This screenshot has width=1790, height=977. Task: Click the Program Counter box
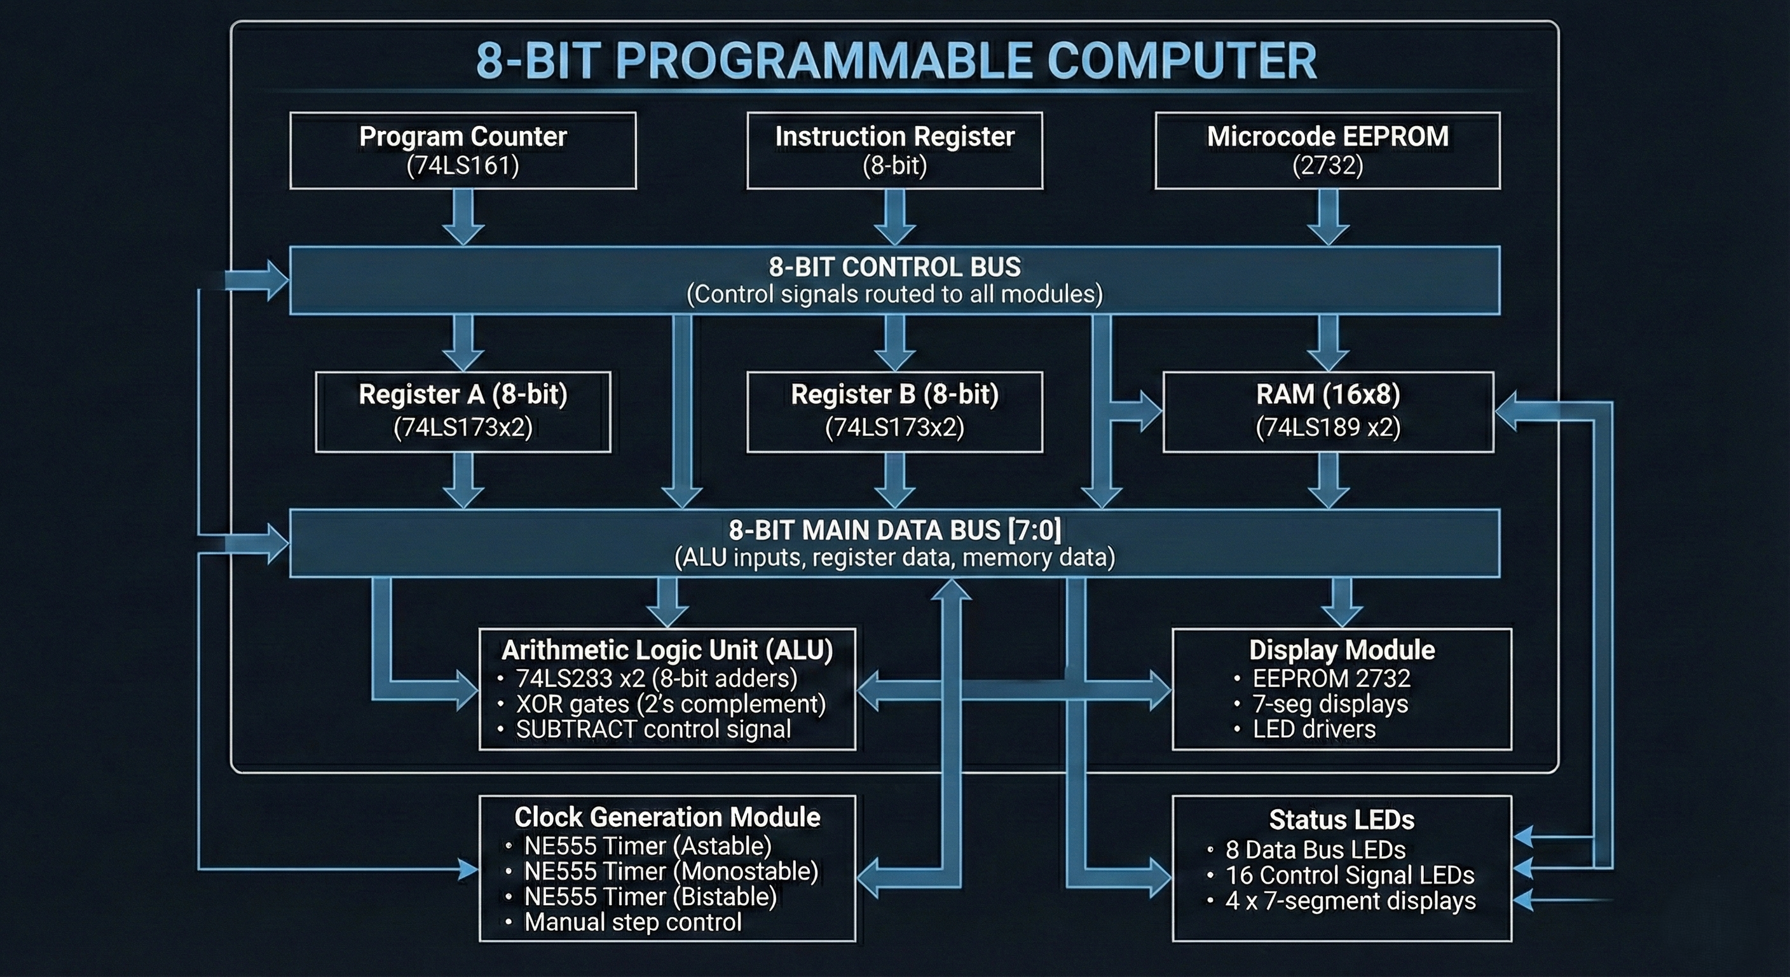463,150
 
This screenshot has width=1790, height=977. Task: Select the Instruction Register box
894,150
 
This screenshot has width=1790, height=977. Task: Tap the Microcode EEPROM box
1327,150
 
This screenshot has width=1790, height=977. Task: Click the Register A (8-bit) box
463,412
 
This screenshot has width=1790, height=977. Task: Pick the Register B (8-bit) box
894,412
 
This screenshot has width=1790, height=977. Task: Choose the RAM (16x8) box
1328,412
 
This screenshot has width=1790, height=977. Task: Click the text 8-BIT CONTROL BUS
894,267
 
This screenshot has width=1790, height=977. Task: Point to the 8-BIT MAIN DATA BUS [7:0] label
894,530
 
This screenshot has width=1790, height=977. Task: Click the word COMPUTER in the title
1181,61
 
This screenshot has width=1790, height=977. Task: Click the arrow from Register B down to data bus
894,480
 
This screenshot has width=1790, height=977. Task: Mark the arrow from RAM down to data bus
1328,480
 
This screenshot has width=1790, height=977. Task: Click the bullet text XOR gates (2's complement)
671,703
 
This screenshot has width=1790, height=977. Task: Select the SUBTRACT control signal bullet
653,730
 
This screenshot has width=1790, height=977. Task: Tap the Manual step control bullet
632,922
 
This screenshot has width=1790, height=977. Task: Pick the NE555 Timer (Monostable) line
671,871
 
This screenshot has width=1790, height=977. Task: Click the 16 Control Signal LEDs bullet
1349,875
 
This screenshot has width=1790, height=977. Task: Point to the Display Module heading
1342,650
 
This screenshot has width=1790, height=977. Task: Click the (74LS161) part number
463,165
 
